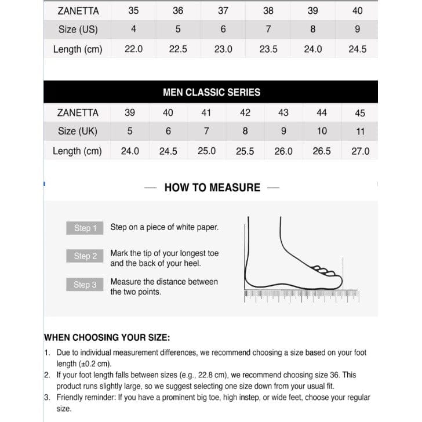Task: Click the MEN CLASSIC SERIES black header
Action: pos(211,92)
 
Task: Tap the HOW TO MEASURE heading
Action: pos(212,187)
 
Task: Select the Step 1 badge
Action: pos(85,228)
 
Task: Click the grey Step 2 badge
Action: pos(85,256)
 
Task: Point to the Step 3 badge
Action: pos(85,285)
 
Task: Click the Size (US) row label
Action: pos(78,30)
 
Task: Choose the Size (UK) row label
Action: pos(78,132)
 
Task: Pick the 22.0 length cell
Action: pos(133,49)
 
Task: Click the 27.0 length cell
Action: pos(360,151)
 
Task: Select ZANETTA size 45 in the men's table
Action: pos(360,113)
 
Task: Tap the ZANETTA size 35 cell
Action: pos(133,10)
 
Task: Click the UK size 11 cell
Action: pos(360,132)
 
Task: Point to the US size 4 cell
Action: pos(133,30)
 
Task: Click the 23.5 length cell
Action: pos(268,49)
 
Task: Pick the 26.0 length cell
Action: pos(283,151)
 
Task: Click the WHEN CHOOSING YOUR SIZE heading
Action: pos(107,337)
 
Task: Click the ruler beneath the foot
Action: pos(301,295)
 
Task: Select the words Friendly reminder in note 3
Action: pos(83,398)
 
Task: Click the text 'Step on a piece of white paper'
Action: pos(165,227)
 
